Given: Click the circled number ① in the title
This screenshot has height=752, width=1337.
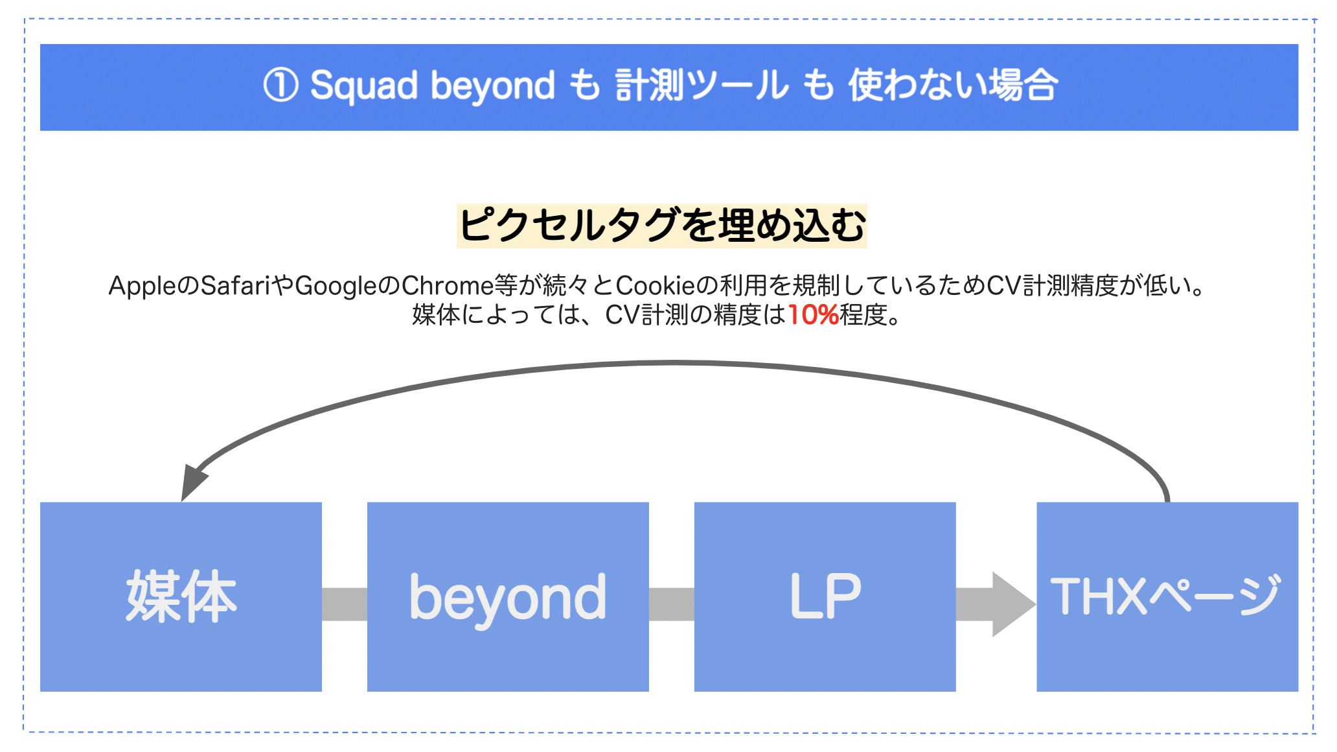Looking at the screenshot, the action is pyautogui.click(x=280, y=86).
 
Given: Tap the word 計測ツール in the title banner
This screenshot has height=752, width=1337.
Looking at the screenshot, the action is pyautogui.click(x=702, y=86).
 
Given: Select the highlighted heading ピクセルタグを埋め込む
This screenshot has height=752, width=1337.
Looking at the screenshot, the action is pyautogui.click(x=662, y=226).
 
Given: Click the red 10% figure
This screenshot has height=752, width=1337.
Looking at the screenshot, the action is pyautogui.click(x=813, y=315).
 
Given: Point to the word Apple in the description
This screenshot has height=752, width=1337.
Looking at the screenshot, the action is pyautogui.click(x=143, y=286).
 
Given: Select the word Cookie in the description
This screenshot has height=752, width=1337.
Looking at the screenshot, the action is pyautogui.click(x=655, y=285).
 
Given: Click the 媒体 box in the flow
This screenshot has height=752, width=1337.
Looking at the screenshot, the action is pyautogui.click(x=181, y=596).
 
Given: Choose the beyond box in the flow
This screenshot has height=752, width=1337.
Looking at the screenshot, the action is pyautogui.click(x=508, y=596).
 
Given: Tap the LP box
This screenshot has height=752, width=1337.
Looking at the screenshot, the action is pyautogui.click(x=825, y=596).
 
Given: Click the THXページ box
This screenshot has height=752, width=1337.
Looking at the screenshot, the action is pyautogui.click(x=1167, y=596).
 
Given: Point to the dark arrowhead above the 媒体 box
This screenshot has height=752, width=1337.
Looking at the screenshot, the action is pyautogui.click(x=192, y=482).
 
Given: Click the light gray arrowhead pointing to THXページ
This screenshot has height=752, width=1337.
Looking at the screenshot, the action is pyautogui.click(x=1013, y=604).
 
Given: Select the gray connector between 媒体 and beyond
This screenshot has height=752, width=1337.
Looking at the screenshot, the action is pyautogui.click(x=345, y=604).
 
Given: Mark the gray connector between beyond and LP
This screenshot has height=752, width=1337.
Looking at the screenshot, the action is pyautogui.click(x=672, y=604).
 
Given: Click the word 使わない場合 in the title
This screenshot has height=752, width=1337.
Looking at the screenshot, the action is pyautogui.click(x=954, y=86).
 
